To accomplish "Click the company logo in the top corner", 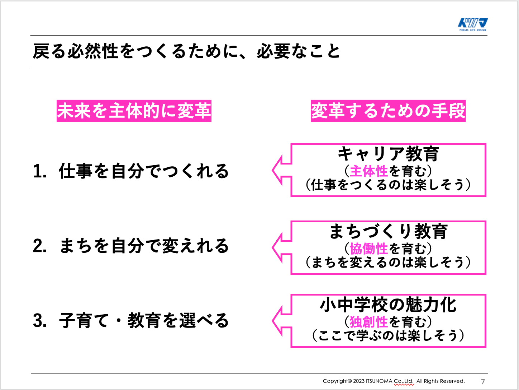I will tap(472, 24).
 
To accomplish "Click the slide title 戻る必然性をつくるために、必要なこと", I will tap(186, 51).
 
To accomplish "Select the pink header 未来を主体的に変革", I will tap(134, 111).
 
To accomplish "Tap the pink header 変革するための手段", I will tap(388, 111).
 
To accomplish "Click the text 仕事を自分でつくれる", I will tap(144, 171).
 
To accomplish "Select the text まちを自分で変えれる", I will tap(144, 246).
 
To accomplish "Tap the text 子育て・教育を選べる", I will tap(144, 321).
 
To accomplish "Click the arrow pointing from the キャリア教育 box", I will tap(282, 170).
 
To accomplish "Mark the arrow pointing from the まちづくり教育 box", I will tap(282, 247).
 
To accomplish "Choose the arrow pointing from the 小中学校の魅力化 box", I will tap(282, 321).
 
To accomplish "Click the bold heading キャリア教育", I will tap(388, 154).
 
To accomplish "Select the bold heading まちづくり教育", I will tap(388, 232).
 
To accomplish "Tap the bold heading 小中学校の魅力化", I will tap(388, 305).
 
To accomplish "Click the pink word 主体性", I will tap(369, 171).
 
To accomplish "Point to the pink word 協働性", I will tap(369, 249).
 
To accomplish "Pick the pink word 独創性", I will tap(369, 322).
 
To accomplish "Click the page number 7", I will tap(483, 381).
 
